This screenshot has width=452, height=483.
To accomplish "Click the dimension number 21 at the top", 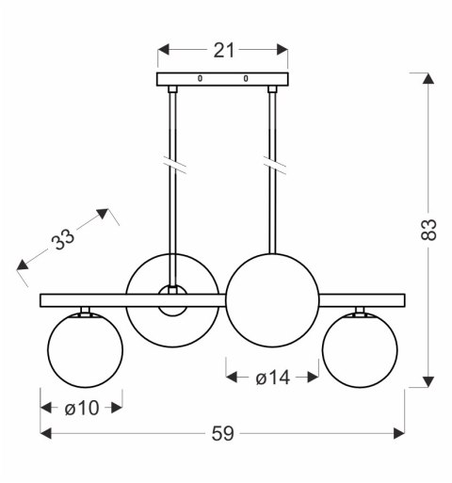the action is (x=223, y=50).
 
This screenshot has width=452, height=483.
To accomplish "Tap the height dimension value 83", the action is (x=428, y=230).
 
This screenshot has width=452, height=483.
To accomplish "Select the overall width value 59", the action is (x=222, y=434).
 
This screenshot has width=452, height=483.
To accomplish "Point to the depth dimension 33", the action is (x=63, y=239).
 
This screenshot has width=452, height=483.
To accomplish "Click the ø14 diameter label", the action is (x=272, y=378).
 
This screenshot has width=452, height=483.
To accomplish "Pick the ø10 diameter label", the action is (x=82, y=409).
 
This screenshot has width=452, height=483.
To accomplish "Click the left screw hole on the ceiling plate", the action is (x=200, y=78).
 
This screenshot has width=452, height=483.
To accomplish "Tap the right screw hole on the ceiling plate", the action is (x=246, y=78).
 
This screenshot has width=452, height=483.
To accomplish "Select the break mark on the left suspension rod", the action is (x=173, y=164).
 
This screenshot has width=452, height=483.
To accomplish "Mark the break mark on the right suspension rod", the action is (x=274, y=165).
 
